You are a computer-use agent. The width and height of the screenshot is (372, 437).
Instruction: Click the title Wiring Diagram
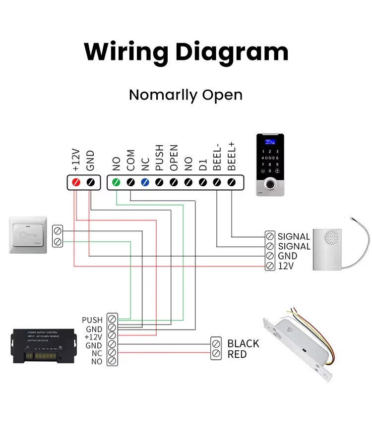click(186, 51)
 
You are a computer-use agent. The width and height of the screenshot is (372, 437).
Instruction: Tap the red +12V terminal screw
click(76, 182)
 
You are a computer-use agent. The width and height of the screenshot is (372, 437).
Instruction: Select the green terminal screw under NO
click(117, 182)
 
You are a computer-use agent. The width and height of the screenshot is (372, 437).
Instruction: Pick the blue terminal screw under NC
click(145, 182)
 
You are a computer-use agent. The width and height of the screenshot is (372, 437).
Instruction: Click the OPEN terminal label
click(174, 158)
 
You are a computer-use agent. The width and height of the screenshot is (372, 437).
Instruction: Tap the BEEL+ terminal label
click(231, 156)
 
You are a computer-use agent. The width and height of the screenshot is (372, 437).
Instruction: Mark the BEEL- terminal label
click(217, 157)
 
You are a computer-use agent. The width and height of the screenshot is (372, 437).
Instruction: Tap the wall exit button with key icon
click(28, 234)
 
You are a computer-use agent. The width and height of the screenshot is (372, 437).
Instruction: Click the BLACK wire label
click(243, 343)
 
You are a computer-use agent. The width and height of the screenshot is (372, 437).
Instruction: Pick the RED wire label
click(237, 354)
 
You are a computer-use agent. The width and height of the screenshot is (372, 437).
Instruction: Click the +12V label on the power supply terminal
click(93, 337)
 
